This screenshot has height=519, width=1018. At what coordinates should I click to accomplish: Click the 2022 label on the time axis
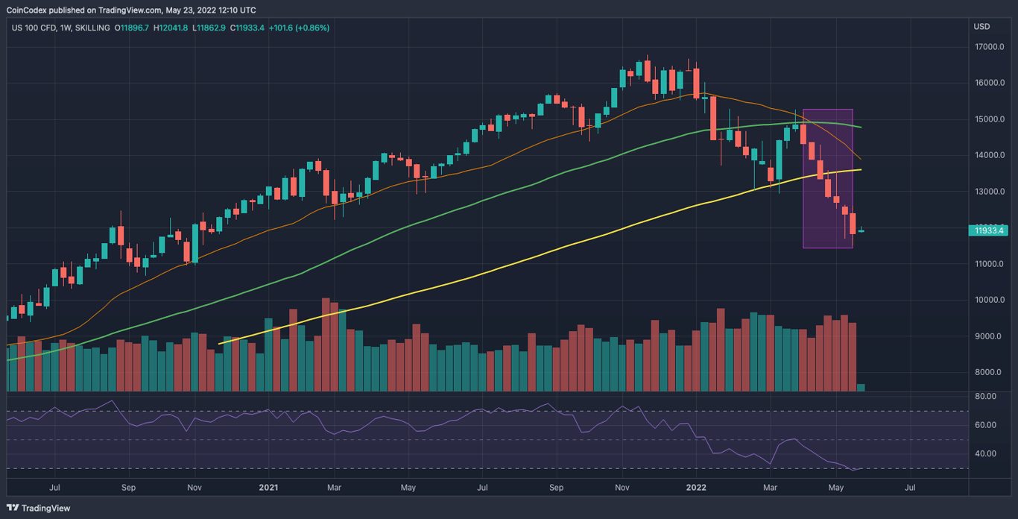tap(696, 488)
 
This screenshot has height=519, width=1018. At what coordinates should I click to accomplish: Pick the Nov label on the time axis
tap(623, 488)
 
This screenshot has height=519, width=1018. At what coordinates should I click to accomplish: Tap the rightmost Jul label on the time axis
tap(910, 488)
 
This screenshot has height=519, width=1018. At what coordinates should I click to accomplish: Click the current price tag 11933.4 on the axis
tap(989, 230)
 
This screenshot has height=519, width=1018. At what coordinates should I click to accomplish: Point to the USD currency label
tap(981, 27)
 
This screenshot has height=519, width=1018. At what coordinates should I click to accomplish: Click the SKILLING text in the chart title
tap(90, 28)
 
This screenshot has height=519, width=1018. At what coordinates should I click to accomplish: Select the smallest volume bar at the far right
tap(861, 387)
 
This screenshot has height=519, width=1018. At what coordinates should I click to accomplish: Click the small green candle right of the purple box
tap(861, 230)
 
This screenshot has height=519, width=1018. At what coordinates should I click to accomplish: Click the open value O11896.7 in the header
tap(129, 28)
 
